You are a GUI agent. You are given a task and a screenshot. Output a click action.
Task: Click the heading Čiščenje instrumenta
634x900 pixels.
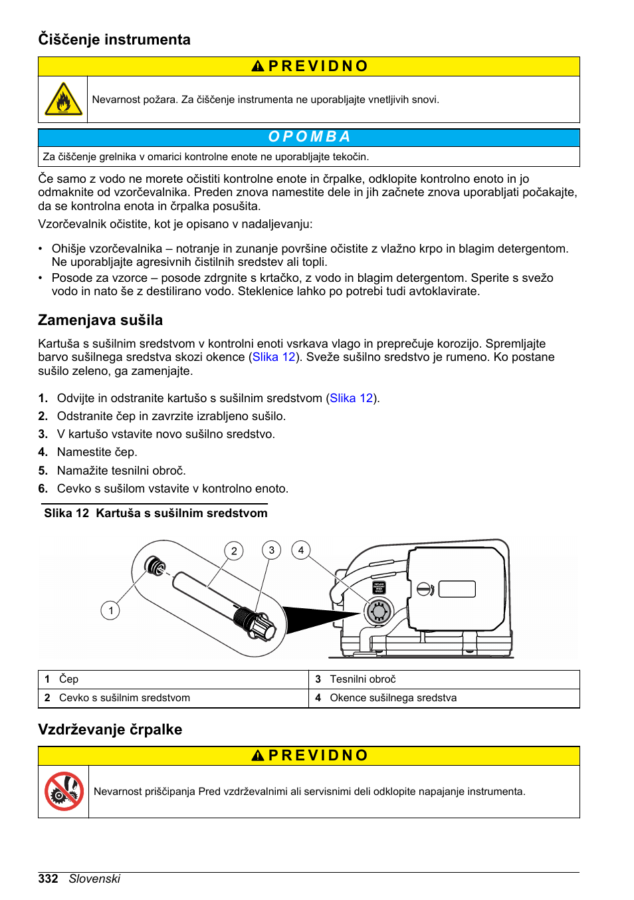pos(114,40)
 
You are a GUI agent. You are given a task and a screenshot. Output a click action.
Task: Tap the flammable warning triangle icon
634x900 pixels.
pos(63,100)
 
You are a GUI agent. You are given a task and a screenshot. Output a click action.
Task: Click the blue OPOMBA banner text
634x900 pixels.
pos(309,137)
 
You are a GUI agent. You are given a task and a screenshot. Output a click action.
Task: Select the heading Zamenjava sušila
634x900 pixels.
pos(100,320)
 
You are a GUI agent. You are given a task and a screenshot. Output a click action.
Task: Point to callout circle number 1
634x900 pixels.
pos(110,610)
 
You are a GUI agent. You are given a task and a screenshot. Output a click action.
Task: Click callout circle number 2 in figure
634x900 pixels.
pos(234,551)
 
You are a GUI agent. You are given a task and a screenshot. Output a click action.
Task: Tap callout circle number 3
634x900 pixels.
pos(271,550)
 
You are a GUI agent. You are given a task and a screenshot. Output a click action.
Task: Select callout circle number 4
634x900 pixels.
pos(301,550)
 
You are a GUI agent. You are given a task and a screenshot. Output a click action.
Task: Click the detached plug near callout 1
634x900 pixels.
pos(156,566)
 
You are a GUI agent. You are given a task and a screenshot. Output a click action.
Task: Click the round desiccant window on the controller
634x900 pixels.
pos(379,610)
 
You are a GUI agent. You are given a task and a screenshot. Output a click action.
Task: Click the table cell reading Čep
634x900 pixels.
pos(69,679)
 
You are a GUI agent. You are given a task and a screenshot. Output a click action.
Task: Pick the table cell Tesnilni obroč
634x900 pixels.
pos(363,679)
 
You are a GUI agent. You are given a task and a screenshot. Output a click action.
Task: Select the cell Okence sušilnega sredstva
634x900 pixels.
pos(393,698)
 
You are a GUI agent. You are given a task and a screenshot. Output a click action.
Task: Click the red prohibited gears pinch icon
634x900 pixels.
pos(64,791)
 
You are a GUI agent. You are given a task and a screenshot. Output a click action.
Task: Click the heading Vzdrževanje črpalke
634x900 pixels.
pos(110,730)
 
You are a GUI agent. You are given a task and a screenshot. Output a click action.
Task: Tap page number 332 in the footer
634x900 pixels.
pos(49,879)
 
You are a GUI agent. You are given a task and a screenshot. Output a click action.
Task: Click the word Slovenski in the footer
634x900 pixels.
pos(94,879)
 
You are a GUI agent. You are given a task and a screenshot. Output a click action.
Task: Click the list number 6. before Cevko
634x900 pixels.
pos(43,489)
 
